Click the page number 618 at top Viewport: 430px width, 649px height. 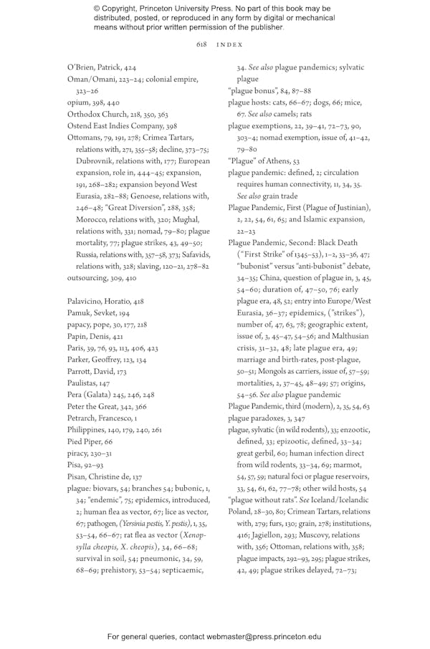tap(201, 44)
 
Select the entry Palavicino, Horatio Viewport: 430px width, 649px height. tap(97, 282)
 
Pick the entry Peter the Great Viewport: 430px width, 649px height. tap(91, 385)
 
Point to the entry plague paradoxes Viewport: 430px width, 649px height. tap(259, 418)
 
